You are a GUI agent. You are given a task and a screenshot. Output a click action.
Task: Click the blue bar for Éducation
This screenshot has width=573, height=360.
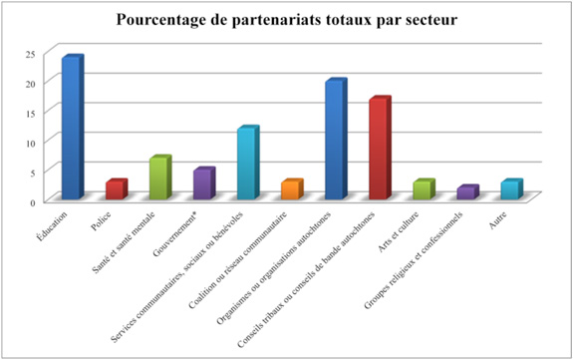(71, 129)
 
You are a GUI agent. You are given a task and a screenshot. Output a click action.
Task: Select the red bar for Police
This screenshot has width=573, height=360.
(116, 190)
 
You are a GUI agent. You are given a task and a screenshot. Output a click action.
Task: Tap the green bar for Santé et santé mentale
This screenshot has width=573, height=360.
(158, 179)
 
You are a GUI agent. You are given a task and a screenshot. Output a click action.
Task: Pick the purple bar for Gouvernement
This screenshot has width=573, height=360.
(202, 184)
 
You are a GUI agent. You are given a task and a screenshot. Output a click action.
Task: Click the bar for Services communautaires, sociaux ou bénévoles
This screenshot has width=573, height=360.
(246, 164)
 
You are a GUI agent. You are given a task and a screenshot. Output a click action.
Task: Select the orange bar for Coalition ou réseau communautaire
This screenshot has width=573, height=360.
(290, 190)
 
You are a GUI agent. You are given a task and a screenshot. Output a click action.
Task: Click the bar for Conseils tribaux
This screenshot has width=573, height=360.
(378, 149)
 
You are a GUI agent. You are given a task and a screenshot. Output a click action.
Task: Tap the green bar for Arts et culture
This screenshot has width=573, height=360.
(422, 190)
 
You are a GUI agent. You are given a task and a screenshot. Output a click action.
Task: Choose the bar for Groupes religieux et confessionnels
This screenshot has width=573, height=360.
(465, 193)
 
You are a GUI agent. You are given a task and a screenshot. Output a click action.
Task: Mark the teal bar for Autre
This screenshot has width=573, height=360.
(509, 190)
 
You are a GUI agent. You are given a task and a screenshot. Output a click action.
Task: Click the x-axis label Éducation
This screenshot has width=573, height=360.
(56, 220)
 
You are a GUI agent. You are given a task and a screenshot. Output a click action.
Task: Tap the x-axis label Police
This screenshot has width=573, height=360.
(103, 217)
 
